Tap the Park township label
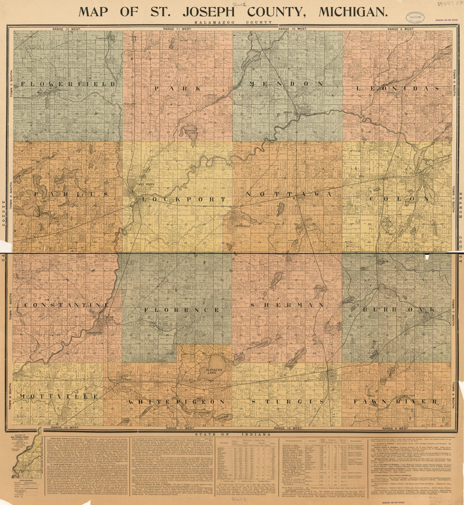[178, 89]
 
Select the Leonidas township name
[398, 89]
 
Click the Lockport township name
[176, 199]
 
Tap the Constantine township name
[67, 305]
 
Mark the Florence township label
[182, 310]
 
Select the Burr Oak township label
[399, 310]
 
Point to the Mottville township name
[59, 397]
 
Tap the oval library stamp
[415, 18]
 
